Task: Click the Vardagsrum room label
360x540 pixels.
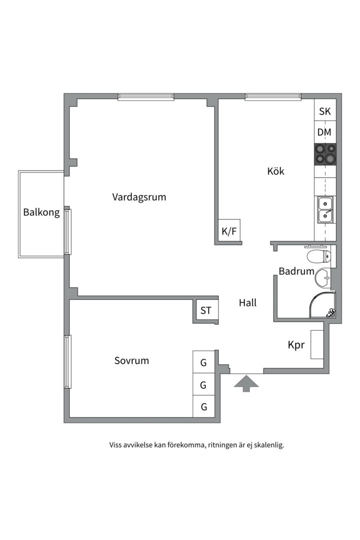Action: click(x=139, y=197)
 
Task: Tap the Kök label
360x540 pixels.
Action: click(x=275, y=171)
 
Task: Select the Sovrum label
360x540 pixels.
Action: click(x=131, y=360)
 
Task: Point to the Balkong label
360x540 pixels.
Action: click(x=41, y=212)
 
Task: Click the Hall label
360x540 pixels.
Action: click(x=247, y=302)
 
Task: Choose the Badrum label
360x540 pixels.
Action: click(x=296, y=271)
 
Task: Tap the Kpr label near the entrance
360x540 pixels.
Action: click(x=296, y=345)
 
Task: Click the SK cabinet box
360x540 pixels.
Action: click(x=325, y=111)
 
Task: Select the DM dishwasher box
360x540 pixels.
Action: click(x=325, y=132)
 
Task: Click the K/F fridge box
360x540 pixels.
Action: click(x=229, y=231)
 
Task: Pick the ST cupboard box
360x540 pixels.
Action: click(x=205, y=310)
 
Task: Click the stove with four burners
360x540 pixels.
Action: click(x=325, y=154)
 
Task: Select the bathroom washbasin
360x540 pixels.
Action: click(x=324, y=276)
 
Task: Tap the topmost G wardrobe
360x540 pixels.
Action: click(x=203, y=363)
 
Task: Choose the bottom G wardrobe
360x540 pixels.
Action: click(x=203, y=406)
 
